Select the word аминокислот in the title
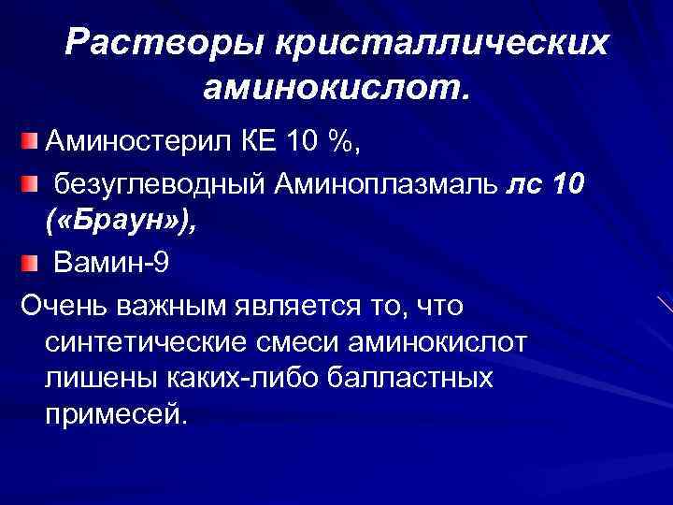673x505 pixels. click(332, 90)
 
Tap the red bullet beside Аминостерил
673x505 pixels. click(32, 142)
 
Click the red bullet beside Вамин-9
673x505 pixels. click(32, 263)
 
